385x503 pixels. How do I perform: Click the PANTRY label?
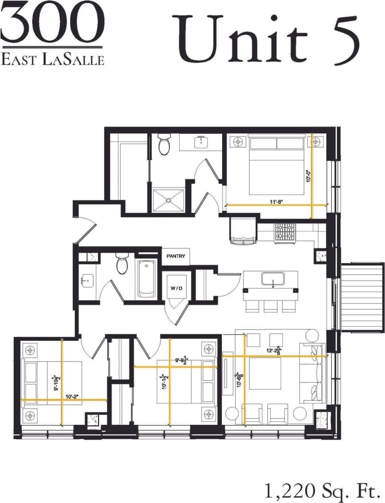coord(176,256)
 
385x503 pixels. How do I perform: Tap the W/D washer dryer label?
coord(176,289)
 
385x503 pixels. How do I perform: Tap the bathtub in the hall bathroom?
coord(146,278)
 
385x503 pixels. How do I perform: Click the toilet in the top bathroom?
coord(164,145)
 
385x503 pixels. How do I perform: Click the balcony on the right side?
coord(361,296)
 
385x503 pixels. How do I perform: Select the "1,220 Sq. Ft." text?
coord(322,490)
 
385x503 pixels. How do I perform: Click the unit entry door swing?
coord(87,230)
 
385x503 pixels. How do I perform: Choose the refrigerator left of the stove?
coord(243,230)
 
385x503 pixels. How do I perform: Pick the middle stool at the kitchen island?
coord(270,306)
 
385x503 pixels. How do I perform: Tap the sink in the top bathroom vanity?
coord(201,142)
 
